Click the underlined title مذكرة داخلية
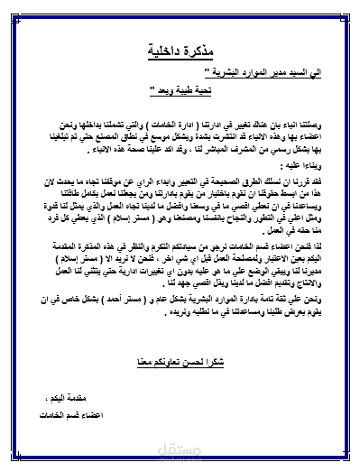click(180, 50)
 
